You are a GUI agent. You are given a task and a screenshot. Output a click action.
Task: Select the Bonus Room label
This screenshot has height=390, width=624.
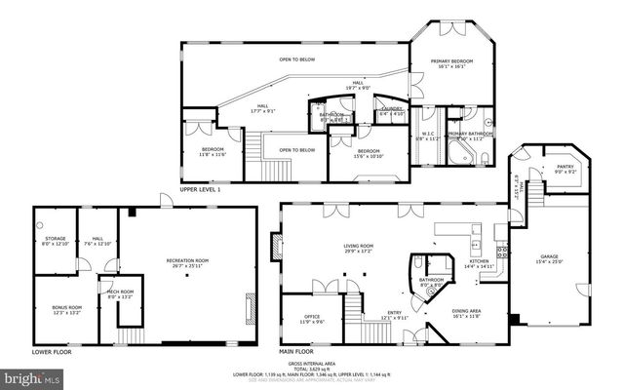tap(66, 310)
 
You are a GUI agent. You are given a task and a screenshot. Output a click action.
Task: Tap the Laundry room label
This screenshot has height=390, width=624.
tap(392, 110)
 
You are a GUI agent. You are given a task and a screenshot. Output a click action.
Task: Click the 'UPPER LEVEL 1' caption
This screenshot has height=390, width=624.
tap(201, 189)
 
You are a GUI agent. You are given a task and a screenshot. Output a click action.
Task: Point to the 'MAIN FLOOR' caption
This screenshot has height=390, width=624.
tap(296, 350)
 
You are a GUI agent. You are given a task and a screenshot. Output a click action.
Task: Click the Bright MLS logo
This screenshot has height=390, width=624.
tap(31, 375)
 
